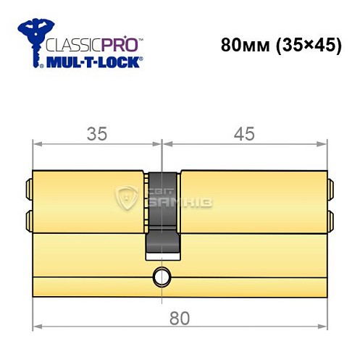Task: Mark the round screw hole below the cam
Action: [x=159, y=276]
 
